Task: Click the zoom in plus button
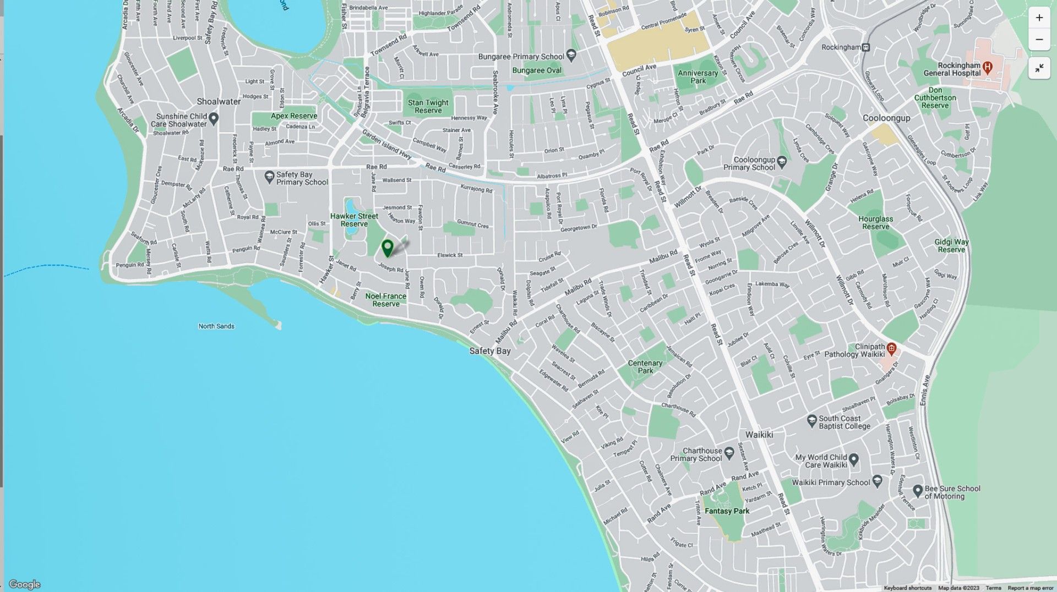click(x=1039, y=18)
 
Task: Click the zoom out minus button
click(x=1039, y=40)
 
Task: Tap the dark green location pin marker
click(x=388, y=248)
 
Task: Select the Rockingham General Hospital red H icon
click(x=988, y=68)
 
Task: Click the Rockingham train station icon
click(x=866, y=47)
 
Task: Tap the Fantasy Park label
click(x=727, y=511)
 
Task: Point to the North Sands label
click(x=216, y=326)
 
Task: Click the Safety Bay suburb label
click(x=489, y=351)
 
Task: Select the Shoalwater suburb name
click(x=219, y=102)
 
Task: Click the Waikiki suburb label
click(x=759, y=435)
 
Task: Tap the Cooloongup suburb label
click(x=886, y=118)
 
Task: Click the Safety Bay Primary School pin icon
click(x=269, y=177)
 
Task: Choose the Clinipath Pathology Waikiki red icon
click(x=892, y=348)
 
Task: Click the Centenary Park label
click(x=645, y=367)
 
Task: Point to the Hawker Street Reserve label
click(x=354, y=220)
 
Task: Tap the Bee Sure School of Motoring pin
click(x=918, y=490)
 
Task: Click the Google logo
click(x=24, y=584)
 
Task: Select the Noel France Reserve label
click(x=385, y=300)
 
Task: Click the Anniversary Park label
click(x=698, y=77)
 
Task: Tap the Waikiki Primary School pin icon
click(x=878, y=481)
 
